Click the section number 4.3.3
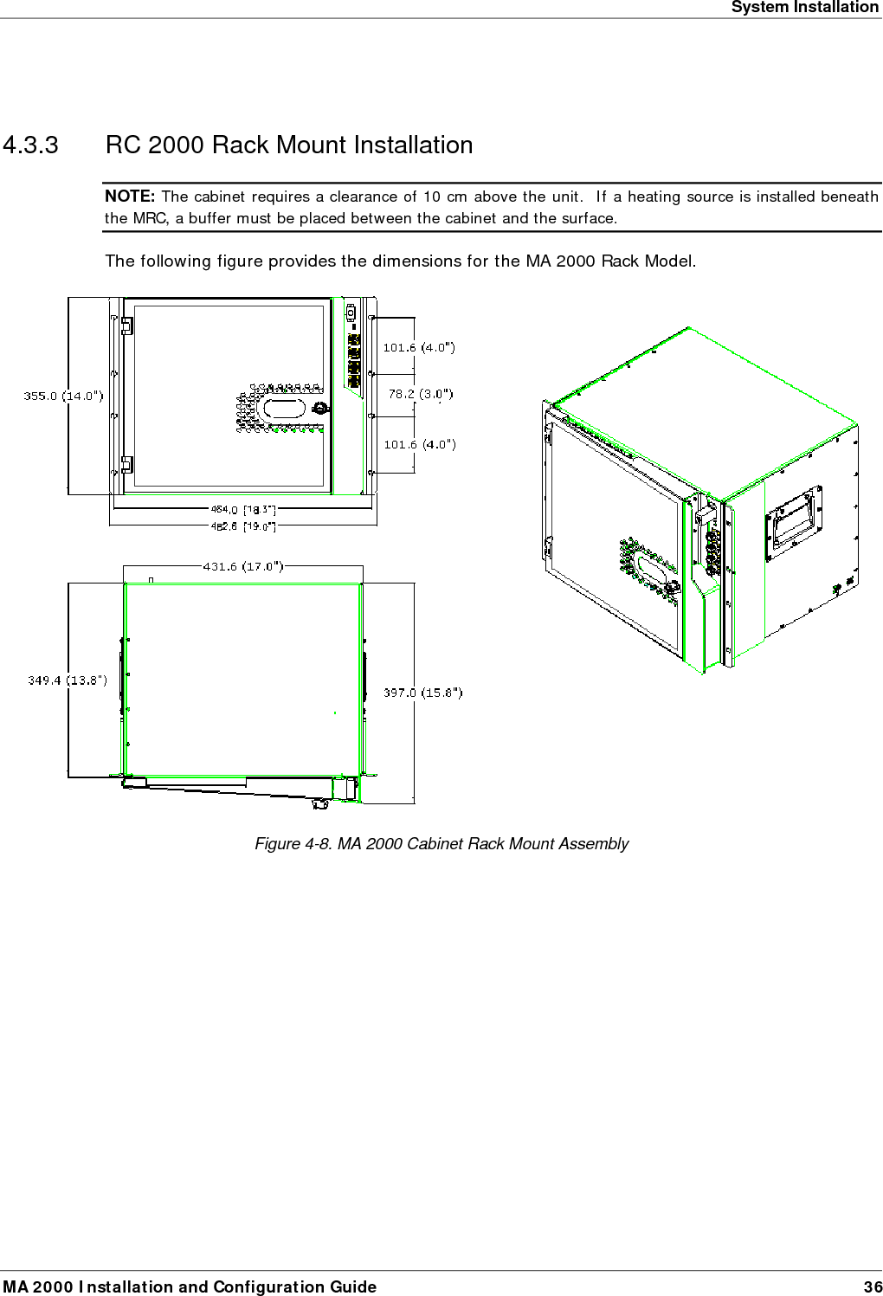click(31, 145)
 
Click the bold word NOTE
click(129, 197)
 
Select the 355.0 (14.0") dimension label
click(63, 396)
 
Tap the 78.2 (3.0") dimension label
click(420, 394)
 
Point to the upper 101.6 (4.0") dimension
click(419, 347)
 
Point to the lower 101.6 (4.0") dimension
click(419, 444)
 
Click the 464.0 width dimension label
click(242, 511)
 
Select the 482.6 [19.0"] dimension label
click(242, 525)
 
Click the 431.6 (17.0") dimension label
click(242, 566)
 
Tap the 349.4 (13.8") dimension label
click(68, 680)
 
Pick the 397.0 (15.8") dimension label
click(422, 692)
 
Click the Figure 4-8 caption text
click(441, 843)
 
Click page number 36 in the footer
click(873, 1286)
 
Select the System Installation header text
click(804, 8)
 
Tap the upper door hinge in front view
click(126, 326)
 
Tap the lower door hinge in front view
click(126, 464)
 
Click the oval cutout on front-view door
click(283, 408)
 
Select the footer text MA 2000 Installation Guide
click(190, 1286)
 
